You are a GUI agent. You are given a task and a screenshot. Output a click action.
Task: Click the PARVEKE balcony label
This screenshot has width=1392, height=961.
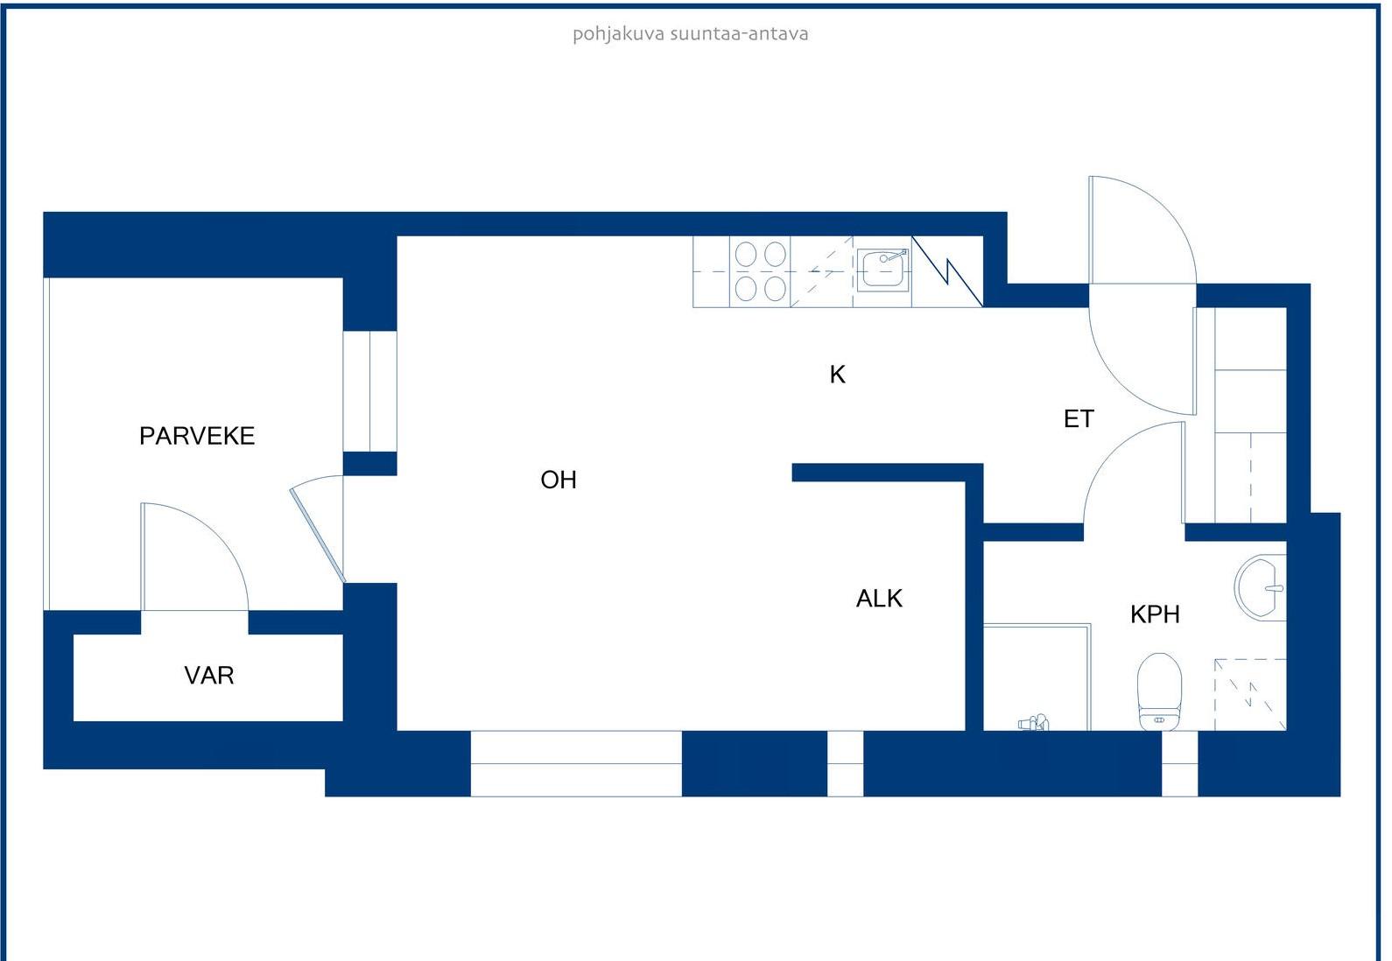coord(197,436)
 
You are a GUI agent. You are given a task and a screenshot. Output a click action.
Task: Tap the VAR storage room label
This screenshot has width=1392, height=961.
coord(209,676)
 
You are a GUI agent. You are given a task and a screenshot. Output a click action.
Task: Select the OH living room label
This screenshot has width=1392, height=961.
coord(559,480)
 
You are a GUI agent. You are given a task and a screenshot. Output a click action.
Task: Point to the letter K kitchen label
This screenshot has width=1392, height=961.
coord(838,375)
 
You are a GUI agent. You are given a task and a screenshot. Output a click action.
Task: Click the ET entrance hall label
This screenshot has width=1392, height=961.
coord(1079,419)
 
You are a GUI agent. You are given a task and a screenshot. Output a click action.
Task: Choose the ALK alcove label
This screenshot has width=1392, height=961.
coord(879,599)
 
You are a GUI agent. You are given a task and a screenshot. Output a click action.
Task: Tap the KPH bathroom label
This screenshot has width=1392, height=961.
coord(1156,615)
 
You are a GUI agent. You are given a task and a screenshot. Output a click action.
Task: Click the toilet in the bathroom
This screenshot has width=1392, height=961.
coord(1160,691)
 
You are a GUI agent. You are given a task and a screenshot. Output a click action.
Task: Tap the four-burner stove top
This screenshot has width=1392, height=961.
coord(760,271)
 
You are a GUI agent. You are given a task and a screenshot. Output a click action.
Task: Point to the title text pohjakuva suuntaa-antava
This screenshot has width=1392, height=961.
coord(691,33)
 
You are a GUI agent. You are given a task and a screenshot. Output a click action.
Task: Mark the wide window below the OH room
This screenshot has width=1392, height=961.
coord(576,763)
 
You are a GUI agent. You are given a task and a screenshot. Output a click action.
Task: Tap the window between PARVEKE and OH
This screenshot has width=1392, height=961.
coord(370,391)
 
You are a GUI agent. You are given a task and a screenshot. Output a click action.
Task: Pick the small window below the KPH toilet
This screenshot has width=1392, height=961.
coord(1179,763)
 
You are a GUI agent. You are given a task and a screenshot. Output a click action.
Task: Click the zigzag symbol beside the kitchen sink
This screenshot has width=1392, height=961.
coord(947,271)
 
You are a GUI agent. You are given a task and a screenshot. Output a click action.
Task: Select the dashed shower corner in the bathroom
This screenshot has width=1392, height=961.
coord(1250,695)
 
